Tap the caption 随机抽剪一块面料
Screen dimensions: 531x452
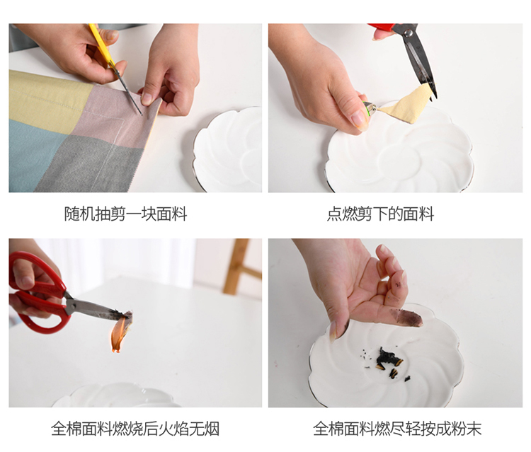click(125, 214)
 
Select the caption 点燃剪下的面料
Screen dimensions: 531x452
click(380, 214)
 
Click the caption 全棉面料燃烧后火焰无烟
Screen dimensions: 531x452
click(135, 429)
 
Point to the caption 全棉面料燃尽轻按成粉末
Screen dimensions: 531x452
click(397, 429)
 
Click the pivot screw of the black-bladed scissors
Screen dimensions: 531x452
click(409, 33)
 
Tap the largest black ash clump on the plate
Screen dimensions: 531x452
click(388, 358)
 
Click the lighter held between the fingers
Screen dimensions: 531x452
click(370, 108)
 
